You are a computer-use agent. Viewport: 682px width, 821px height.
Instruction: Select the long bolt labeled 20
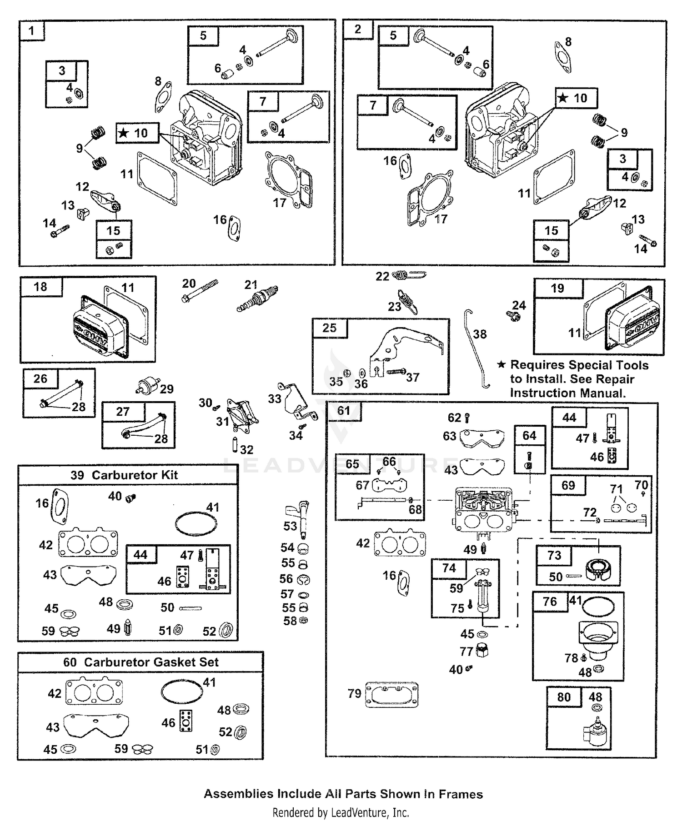pyautogui.click(x=200, y=291)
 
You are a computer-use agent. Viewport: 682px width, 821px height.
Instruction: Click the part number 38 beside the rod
pyautogui.click(x=480, y=334)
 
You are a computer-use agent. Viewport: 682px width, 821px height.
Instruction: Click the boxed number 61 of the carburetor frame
pyautogui.click(x=344, y=411)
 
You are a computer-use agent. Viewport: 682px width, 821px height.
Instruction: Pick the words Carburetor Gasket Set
pyautogui.click(x=151, y=662)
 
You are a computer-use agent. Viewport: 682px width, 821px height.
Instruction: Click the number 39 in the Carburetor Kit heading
pyautogui.click(x=77, y=475)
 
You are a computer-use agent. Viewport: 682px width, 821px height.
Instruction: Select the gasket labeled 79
pyautogui.click(x=391, y=694)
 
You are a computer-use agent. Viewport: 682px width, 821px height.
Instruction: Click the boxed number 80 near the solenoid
pyautogui.click(x=564, y=697)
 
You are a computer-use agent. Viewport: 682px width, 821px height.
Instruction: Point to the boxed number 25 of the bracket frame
pyautogui.click(x=330, y=328)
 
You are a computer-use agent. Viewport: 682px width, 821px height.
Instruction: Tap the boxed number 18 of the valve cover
pyautogui.click(x=40, y=287)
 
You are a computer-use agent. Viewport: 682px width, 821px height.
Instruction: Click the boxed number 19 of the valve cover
pyautogui.click(x=557, y=289)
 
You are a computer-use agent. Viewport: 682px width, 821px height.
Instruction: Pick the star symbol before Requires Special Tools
pyautogui.click(x=501, y=365)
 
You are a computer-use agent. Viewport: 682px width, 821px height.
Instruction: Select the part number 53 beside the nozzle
pyautogui.click(x=290, y=526)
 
